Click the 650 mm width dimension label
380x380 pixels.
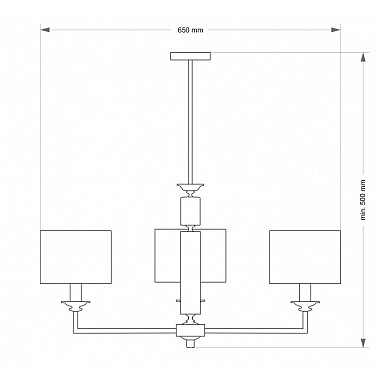190,30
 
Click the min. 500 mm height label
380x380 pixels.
363,200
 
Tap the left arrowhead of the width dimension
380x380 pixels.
45,30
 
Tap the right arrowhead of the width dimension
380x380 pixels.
335,30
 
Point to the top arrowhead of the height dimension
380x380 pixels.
363,57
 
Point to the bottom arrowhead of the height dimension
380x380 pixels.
363,343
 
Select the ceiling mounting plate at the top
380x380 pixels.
190,56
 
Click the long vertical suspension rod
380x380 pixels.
191,122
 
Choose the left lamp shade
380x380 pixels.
76,257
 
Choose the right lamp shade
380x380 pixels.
305,257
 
